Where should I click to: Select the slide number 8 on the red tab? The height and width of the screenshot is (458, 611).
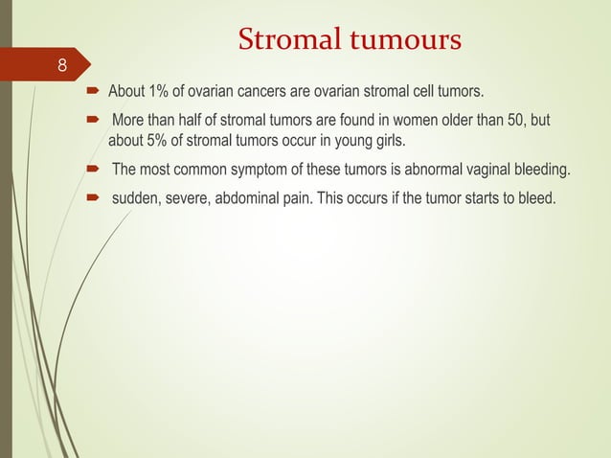(x=62, y=66)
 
